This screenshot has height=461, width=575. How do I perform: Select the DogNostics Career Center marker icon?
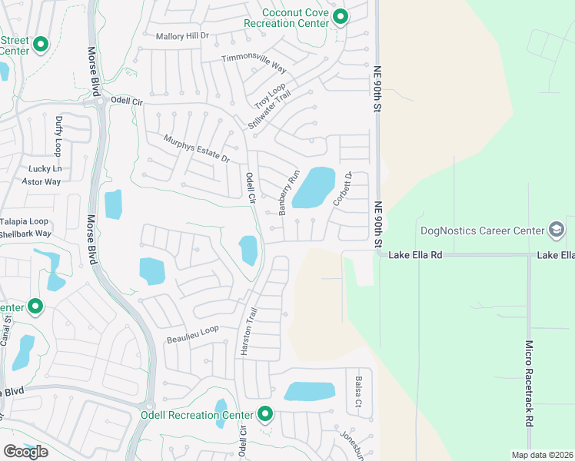556,230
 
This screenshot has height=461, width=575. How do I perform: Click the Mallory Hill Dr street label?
182,36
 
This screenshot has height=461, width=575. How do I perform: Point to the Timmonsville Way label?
254,62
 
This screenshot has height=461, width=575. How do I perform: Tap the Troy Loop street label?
270,96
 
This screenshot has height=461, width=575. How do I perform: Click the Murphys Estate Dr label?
197,148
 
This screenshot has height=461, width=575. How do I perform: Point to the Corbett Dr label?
341,188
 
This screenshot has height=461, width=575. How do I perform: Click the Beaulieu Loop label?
193,333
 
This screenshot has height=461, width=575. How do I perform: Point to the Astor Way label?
41,181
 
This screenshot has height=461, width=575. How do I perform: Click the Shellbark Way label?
25,234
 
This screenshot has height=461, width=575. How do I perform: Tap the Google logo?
25,452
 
